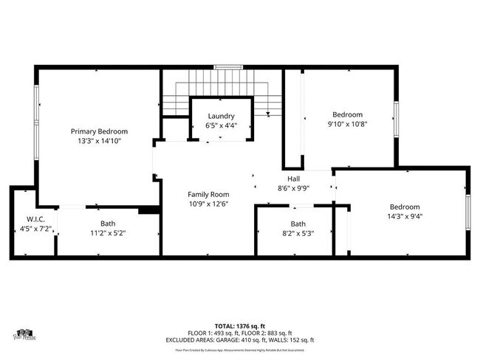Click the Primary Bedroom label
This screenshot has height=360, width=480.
point(99,131)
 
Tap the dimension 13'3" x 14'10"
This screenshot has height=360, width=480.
point(99,140)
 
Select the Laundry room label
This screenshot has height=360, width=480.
point(221,116)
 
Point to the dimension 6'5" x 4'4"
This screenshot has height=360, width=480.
point(221,125)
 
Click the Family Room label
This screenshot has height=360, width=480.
point(208,194)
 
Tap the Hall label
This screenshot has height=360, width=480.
point(293,179)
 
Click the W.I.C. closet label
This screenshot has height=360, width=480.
point(36,219)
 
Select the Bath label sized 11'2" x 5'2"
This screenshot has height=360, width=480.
point(108,224)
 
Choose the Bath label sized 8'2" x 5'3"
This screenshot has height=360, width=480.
point(298,224)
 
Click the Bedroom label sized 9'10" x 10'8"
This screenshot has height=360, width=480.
point(347,114)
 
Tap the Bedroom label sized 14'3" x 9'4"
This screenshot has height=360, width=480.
point(405,207)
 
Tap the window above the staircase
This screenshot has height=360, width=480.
point(228,67)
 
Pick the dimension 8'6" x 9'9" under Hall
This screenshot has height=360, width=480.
point(293,188)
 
